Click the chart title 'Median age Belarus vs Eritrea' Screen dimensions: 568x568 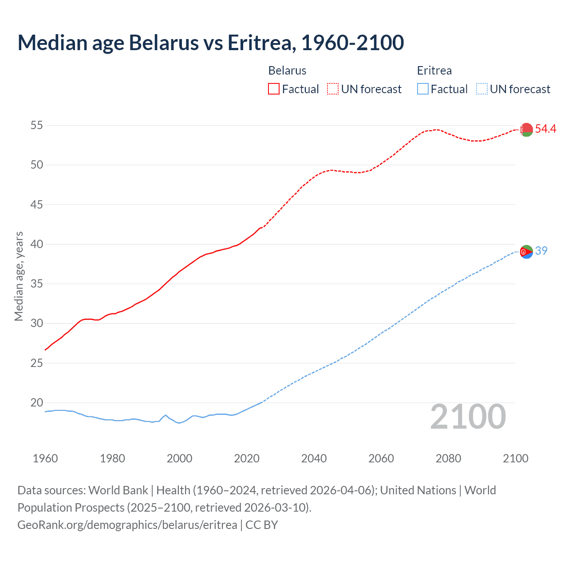[210, 43]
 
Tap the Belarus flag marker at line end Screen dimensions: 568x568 [526, 130]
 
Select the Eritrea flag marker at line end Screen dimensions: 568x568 [526, 252]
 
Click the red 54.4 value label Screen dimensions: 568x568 [545, 129]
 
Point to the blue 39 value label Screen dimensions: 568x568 [541, 251]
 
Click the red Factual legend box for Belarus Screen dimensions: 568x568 [274, 89]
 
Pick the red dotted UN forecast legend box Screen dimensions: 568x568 [333, 89]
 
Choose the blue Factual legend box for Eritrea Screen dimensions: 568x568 [422, 89]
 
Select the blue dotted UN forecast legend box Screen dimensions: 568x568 [481, 89]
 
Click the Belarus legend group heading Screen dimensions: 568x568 [287, 71]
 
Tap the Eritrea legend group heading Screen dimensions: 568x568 [434, 71]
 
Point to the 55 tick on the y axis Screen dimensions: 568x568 [37, 126]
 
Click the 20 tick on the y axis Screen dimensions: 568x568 [37, 403]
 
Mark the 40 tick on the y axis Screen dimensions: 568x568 [37, 245]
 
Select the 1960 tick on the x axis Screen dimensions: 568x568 [45, 458]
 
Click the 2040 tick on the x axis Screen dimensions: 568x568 [314, 458]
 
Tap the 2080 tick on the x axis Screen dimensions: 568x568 [448, 458]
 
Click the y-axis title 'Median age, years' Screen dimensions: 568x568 [19, 276]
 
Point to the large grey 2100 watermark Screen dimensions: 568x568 [468, 417]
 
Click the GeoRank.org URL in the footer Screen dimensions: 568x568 [127, 525]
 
